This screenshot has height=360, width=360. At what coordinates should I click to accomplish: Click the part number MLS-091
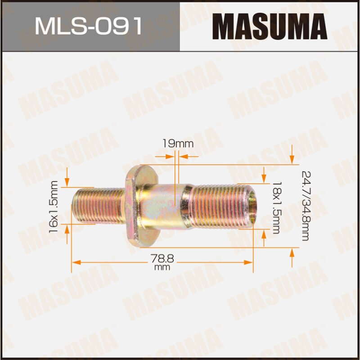pos(89,26)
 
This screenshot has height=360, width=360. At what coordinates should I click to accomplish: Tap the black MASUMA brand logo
pos(270,26)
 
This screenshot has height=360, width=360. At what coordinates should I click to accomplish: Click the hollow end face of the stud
pos(253,206)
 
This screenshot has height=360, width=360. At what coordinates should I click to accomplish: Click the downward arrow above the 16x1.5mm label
pos(67,180)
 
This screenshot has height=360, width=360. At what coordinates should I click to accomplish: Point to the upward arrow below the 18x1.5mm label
pos(264,238)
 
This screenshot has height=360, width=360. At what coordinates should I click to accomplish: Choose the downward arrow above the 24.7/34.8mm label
pos(292,157)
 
